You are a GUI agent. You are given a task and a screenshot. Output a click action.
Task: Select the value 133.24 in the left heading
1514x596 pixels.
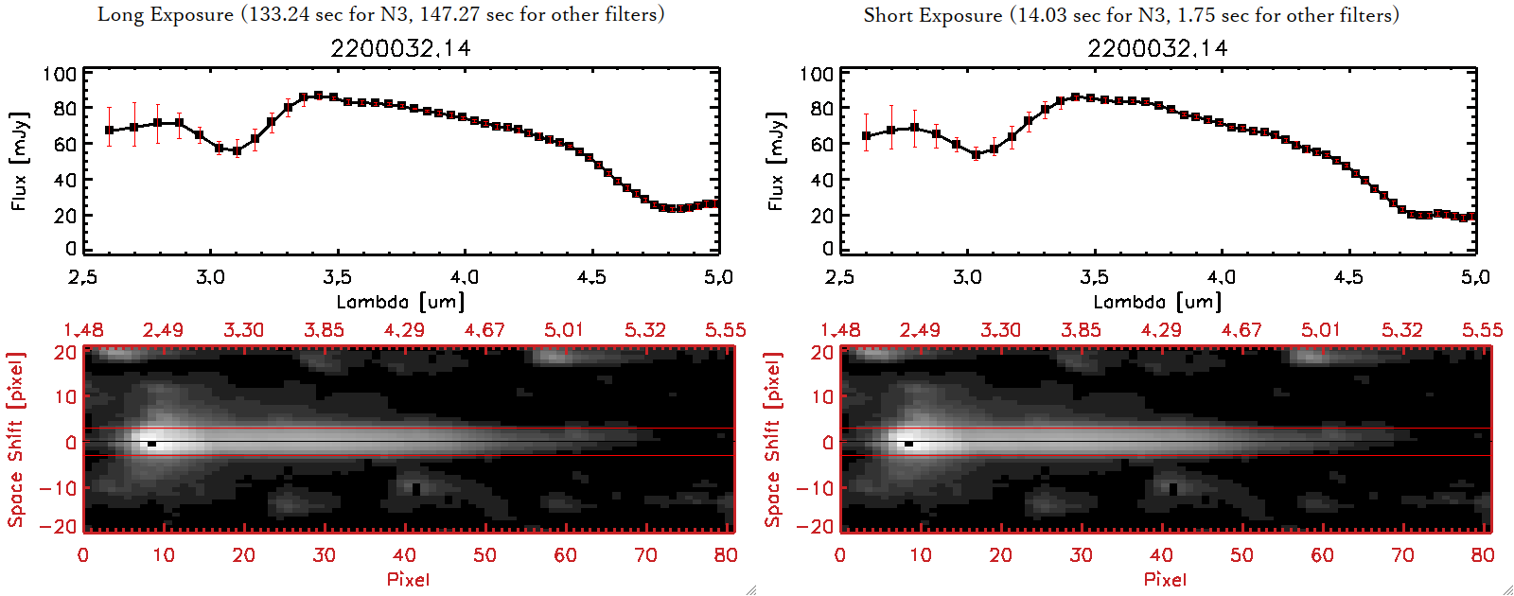point(277,15)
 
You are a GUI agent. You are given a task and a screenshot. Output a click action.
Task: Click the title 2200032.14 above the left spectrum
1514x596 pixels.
point(400,48)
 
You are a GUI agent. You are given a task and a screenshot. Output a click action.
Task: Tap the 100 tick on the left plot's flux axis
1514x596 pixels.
point(61,74)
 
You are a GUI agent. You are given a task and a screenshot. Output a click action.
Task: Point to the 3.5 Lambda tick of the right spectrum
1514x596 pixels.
point(1094,277)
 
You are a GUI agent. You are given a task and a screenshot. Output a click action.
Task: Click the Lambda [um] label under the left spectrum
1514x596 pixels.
point(400,302)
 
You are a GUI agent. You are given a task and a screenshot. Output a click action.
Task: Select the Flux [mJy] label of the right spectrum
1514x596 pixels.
point(776,161)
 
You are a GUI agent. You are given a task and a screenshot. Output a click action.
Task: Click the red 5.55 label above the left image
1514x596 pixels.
point(725,330)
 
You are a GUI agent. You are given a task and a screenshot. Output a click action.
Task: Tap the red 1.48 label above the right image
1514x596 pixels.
point(840,330)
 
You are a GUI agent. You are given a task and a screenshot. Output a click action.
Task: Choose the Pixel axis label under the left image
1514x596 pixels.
point(408,579)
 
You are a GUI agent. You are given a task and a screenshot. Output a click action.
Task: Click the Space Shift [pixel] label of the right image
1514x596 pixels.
point(773,440)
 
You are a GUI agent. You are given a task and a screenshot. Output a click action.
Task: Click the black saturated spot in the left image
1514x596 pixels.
point(151,443)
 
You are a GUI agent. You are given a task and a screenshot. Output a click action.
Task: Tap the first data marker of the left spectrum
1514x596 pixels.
point(110,131)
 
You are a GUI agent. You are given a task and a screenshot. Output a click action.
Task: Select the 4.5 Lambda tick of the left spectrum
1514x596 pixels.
point(591,277)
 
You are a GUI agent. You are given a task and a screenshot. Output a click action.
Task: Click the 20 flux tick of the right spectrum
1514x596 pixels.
point(821,216)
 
